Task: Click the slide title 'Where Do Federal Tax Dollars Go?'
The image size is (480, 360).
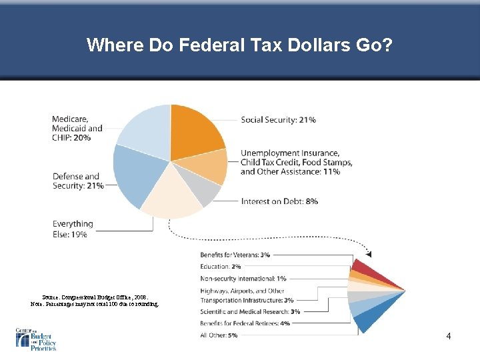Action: pos(240,45)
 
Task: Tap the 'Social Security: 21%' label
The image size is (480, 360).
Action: pos(278,120)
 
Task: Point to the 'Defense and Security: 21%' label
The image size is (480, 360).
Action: pos(78,181)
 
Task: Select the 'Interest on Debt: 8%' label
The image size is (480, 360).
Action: pos(279,201)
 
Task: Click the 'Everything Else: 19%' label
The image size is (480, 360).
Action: pos(73,229)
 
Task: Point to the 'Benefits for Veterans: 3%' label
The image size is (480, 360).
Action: pos(235,255)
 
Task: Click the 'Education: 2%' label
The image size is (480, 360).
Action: pos(221,266)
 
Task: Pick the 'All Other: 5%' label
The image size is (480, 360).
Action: pos(219,335)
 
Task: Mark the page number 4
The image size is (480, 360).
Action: pos(449,337)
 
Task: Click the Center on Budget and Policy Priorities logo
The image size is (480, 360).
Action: pos(36,339)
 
